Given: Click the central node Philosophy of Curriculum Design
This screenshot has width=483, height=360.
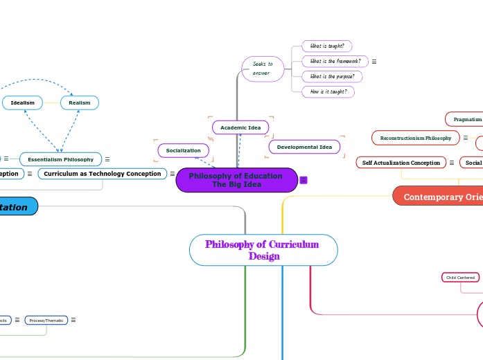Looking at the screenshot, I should [x=263, y=250].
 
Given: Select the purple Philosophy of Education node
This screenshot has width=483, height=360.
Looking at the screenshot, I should [x=236, y=180].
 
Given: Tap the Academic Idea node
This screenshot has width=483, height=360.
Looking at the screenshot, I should [x=240, y=128].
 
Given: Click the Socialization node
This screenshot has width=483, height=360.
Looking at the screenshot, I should [x=183, y=150].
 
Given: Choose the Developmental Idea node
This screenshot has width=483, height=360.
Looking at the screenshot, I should [x=304, y=147].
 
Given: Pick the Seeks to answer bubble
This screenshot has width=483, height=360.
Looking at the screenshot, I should [x=263, y=69].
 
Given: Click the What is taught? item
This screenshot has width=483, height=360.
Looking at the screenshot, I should [x=327, y=46].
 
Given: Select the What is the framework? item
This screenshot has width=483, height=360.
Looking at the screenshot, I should [x=335, y=61].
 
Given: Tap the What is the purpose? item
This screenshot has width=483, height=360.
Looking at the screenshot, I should [x=332, y=76].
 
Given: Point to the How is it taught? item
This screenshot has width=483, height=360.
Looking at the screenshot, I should [x=328, y=91].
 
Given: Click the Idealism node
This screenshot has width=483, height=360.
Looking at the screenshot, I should [x=23, y=102].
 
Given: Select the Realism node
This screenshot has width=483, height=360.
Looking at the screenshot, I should [x=80, y=102].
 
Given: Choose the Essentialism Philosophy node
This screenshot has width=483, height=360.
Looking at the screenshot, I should [x=60, y=159].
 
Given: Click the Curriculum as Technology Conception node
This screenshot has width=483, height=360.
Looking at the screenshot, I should [x=103, y=174].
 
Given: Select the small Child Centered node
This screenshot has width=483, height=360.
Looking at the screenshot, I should [x=460, y=278].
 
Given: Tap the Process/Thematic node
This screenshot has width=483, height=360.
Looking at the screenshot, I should [x=46, y=320].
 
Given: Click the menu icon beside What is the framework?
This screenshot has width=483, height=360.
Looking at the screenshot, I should [x=374, y=62].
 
